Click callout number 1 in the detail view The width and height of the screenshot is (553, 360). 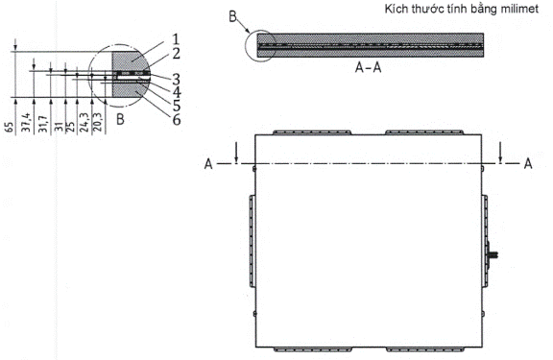pos(176,39)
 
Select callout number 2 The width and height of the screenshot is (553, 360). pos(177,54)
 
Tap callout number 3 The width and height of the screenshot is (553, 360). pos(177,80)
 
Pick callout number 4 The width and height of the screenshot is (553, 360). pos(177,92)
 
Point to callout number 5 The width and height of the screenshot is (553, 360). pos(177,106)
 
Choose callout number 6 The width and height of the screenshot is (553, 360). pos(177,120)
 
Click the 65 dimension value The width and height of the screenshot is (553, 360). pos(10,127)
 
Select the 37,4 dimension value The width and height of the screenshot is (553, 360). pos(26,122)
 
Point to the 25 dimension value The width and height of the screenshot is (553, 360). pos(70,127)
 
